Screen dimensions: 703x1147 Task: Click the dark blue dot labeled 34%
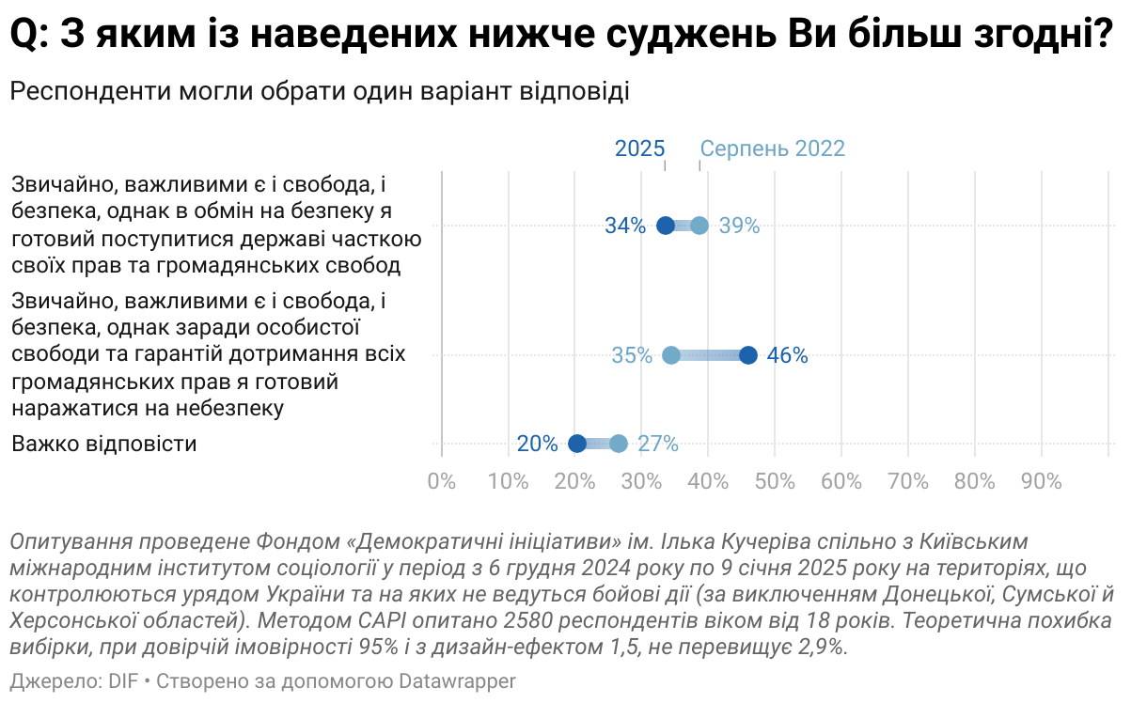[666, 226]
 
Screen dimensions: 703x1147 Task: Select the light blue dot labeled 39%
[699, 226]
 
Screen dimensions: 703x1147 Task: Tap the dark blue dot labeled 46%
[748, 355]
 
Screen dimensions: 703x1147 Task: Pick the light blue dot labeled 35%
[671, 355]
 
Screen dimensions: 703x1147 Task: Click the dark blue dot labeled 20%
[577, 444]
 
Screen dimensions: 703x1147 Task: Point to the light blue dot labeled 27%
[619, 444]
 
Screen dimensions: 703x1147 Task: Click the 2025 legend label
[639, 148]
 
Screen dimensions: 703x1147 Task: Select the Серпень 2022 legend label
[772, 148]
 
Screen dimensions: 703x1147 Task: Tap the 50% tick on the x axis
[775, 481]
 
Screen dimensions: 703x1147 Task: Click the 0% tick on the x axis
[442, 481]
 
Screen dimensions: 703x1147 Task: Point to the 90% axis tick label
[1041, 481]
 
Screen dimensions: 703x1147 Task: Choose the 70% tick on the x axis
[908, 481]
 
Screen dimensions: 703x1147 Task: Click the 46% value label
[788, 355]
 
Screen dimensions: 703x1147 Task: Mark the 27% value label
[658, 444]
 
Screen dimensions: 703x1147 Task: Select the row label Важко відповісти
[104, 444]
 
